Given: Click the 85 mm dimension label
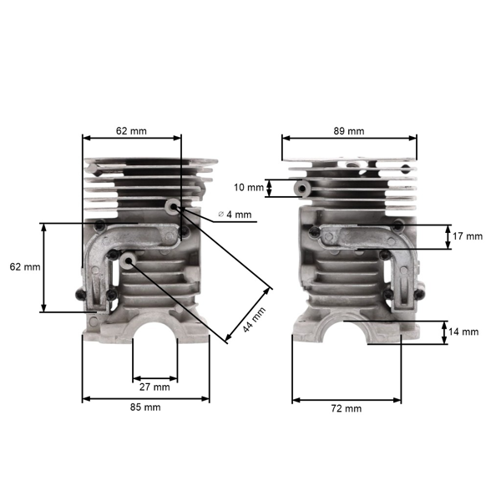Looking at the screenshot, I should click(145, 407).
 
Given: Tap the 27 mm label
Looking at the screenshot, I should click(154, 387).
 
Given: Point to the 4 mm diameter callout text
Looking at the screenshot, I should click(240, 215).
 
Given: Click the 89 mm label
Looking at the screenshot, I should click(349, 131).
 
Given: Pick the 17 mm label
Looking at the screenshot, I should click(468, 236).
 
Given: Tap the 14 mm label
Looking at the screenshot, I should click(463, 331).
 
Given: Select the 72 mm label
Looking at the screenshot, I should click(347, 408).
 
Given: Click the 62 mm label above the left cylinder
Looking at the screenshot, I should click(131, 131).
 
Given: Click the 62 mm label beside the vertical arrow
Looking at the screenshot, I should click(24, 267).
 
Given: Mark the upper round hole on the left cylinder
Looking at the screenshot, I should click(173, 205).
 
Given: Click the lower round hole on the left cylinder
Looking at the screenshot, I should click(128, 261).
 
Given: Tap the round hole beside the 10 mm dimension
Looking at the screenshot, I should click(299, 190).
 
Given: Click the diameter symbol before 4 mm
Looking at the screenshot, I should click(221, 215).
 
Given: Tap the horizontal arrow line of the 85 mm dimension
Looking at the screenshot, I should click(145, 398).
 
